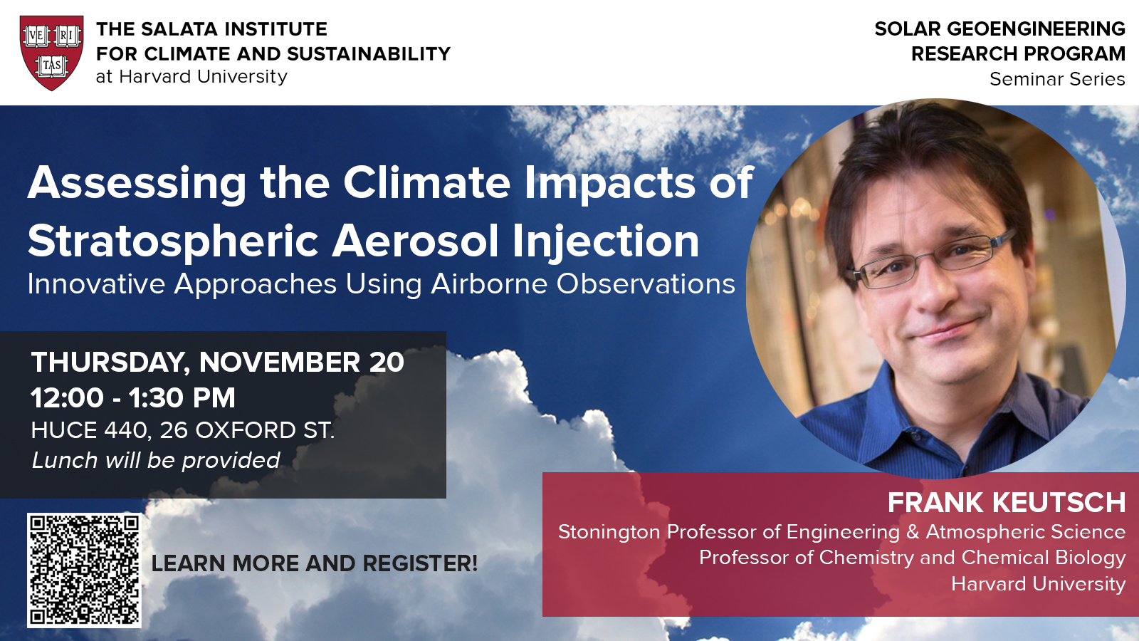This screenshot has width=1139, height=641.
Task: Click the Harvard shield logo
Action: (52, 53)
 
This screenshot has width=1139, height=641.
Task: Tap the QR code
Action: (84, 570)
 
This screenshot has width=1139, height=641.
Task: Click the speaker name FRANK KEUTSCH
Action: (1007, 503)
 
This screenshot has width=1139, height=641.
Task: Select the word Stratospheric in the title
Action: (173, 241)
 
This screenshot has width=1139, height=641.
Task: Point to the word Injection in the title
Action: (606, 241)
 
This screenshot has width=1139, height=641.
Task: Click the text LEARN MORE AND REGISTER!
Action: (314, 563)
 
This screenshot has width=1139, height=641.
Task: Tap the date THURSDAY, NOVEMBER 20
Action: (218, 363)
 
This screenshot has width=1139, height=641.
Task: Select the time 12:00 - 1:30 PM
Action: (133, 397)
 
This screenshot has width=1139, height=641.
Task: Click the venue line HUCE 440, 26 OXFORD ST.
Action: (183, 430)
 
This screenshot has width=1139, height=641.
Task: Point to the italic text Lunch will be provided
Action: (156, 460)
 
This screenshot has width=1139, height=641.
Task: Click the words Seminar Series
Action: (1057, 79)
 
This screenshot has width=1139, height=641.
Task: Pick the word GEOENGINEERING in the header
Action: (1036, 29)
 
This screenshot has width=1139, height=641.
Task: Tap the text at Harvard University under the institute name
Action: (191, 77)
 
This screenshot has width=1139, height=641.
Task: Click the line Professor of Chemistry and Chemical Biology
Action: (912, 558)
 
